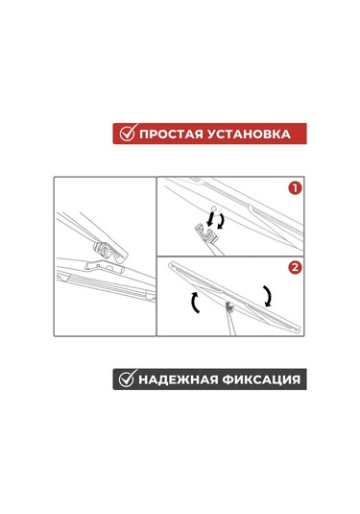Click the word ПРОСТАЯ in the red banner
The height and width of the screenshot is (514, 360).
pos(170,135)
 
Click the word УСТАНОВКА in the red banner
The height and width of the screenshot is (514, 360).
pos(249,135)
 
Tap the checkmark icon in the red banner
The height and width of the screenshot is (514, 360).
pos(127,133)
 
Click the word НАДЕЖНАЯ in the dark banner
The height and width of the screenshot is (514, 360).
pos(178,379)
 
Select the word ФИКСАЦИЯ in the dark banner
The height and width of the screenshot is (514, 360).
pos(261,379)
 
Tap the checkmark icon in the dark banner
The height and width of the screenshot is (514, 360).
pos(127,378)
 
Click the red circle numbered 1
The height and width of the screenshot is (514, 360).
pos(295,188)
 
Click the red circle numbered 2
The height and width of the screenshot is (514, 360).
pos(295,267)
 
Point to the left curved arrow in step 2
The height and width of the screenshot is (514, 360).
pos(194,304)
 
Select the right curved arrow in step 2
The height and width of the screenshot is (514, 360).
pos(269,296)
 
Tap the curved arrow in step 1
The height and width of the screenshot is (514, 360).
pos(223,221)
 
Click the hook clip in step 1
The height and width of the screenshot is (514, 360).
pos(207,233)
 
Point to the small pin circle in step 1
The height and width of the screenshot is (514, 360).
pos(213,208)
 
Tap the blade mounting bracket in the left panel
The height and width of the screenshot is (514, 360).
pos(105,266)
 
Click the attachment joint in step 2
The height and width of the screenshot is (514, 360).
pos(229,307)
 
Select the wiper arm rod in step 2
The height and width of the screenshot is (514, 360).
pos(232,324)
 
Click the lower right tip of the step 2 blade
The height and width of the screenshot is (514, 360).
pos(300,329)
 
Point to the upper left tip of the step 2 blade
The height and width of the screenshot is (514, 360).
pos(170,264)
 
